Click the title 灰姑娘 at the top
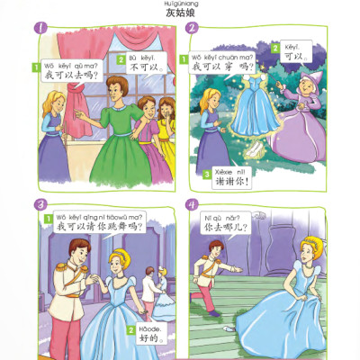[180, 15]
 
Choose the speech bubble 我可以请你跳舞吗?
[94, 223]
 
